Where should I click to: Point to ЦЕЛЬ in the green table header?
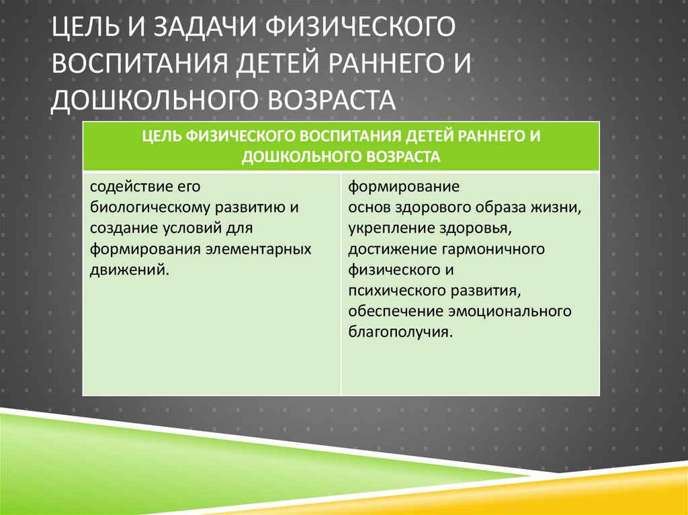point(161,136)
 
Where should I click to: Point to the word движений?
point(128,270)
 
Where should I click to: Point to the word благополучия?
point(396,332)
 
